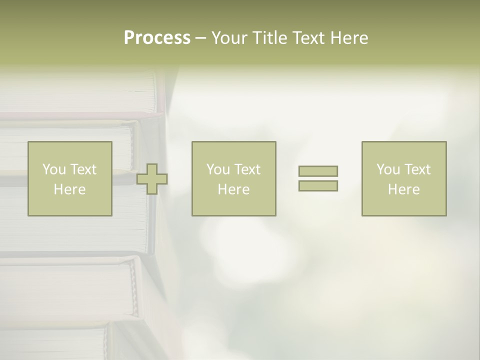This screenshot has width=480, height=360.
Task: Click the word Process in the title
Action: (x=157, y=38)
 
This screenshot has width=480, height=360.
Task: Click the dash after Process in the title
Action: (x=200, y=38)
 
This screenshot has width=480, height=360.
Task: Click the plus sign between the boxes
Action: (x=152, y=179)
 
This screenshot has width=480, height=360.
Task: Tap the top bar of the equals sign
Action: (x=318, y=171)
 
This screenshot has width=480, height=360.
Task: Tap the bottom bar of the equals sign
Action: (x=318, y=185)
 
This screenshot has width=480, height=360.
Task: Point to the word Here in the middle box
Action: (x=233, y=189)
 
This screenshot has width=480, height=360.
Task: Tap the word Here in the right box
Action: (x=403, y=189)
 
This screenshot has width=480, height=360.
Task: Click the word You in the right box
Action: (x=387, y=169)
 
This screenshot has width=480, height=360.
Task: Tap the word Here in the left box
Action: (x=69, y=189)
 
